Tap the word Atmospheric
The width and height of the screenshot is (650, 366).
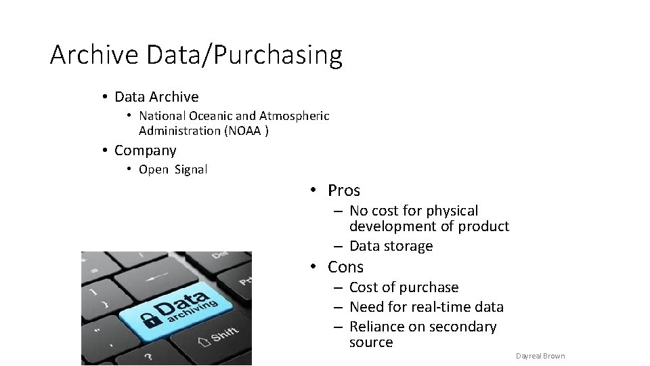point(295,116)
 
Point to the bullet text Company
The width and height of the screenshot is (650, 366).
point(145,150)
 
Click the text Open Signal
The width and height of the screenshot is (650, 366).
point(173,169)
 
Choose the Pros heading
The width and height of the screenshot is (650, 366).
point(344,190)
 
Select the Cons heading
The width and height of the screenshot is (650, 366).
point(345,267)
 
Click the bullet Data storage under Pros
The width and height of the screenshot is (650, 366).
point(391,246)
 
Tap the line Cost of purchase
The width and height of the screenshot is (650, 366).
point(404,287)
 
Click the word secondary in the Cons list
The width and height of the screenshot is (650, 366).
point(463,327)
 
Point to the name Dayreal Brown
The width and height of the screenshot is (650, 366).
point(540,356)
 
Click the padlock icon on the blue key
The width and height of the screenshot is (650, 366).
point(149,317)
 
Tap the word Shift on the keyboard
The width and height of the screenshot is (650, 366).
point(224,334)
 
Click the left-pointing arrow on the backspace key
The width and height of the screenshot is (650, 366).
point(158,277)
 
